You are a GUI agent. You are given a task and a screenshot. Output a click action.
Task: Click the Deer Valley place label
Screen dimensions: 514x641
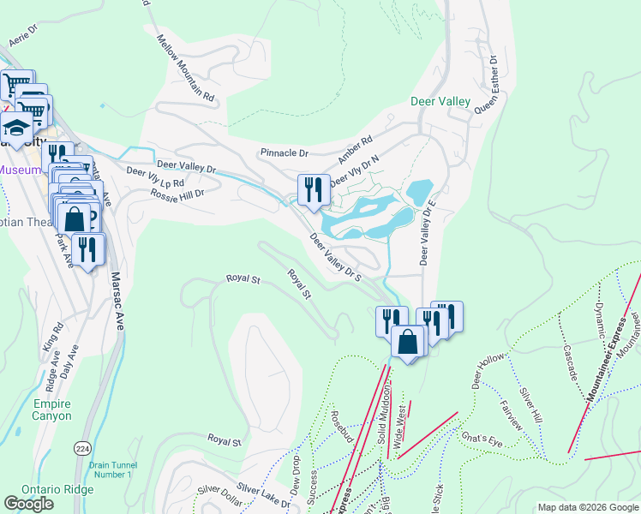click(x=440, y=101)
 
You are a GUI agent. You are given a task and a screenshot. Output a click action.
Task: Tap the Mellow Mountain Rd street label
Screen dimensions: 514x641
click(x=185, y=68)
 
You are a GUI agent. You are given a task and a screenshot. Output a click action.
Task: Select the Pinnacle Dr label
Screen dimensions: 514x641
click(x=284, y=152)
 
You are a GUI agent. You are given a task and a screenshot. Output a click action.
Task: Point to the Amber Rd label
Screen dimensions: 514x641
click(x=356, y=148)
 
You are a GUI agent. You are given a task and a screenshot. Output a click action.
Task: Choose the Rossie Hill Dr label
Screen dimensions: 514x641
click(x=177, y=194)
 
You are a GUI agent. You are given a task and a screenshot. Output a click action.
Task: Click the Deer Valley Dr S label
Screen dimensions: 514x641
click(x=336, y=257)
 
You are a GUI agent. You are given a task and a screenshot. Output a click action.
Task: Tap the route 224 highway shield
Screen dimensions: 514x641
click(x=82, y=448)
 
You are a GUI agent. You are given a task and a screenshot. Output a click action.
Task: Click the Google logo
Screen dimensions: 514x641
click(x=28, y=504)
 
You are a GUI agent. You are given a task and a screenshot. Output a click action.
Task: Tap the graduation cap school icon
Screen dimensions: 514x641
click(x=15, y=129)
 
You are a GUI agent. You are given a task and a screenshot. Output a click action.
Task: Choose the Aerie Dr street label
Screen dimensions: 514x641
click(x=24, y=34)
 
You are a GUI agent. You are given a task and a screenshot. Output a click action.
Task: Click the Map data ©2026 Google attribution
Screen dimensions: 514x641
click(x=588, y=507)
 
